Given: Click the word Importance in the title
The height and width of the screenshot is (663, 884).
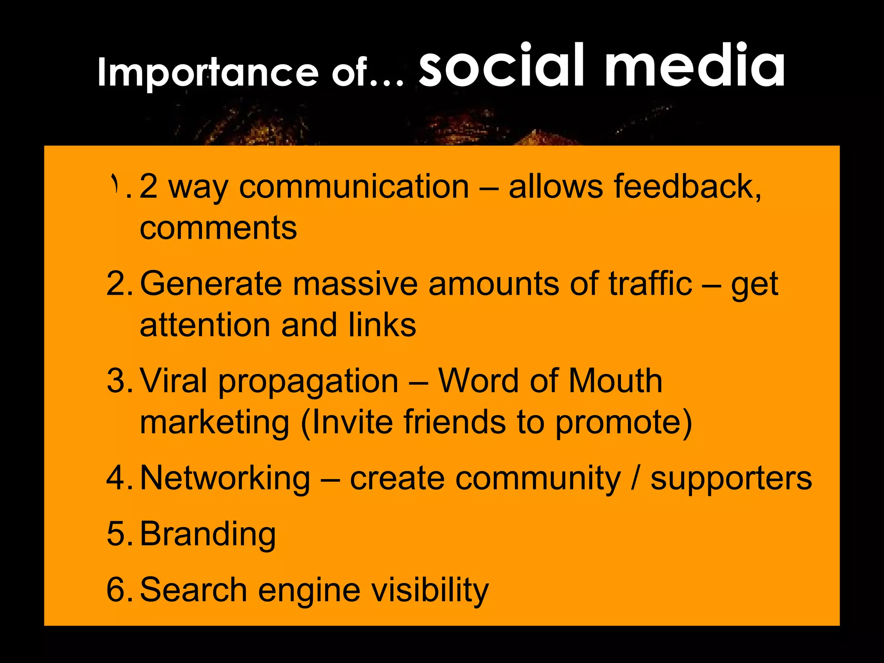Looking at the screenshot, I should coord(208,73).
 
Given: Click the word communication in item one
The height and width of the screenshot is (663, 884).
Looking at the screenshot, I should coord(354,186).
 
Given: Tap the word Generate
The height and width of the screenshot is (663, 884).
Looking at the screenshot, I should coord(211,284).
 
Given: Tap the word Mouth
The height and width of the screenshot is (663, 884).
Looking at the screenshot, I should coord(615,381).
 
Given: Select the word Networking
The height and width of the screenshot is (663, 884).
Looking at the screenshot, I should coord(225,478).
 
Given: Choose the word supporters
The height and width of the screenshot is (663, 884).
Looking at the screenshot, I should coord(731,478).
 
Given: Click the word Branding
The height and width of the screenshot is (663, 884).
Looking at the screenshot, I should coord(208,534).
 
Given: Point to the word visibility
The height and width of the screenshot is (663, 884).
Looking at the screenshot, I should coord(429,590).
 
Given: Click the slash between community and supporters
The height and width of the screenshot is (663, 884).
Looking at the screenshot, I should coord(635,478).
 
